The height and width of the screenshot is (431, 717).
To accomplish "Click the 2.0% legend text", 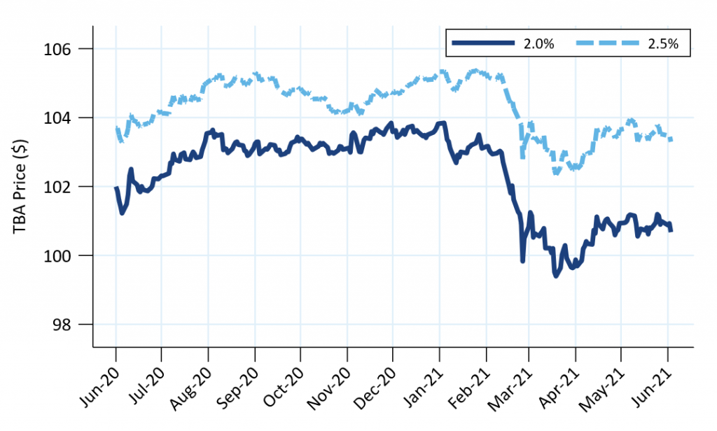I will pyautogui.click(x=538, y=44).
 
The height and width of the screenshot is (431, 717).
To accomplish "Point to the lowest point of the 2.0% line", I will pyautogui.click(x=556, y=276).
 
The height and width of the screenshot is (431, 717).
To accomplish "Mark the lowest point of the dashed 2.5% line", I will pyautogui.click(x=556, y=172).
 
